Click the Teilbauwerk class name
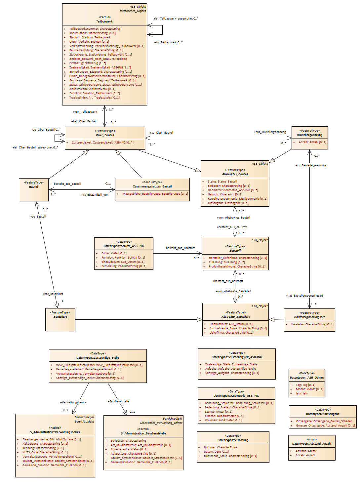(x=104, y=21)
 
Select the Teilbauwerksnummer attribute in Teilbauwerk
(x=95, y=29)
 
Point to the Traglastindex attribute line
(x=94, y=98)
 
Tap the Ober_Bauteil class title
(x=105, y=135)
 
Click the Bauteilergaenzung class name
(x=309, y=135)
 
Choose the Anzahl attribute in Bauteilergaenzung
(x=312, y=142)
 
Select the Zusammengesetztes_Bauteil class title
(x=152, y=186)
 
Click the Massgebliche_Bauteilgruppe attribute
(x=155, y=194)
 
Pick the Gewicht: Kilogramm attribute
(x=225, y=194)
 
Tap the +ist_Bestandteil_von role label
(x=95, y=195)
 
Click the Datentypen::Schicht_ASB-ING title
(x=123, y=246)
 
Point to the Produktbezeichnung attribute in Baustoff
(x=237, y=266)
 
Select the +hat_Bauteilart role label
(x=53, y=294)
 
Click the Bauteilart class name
(x=60, y=317)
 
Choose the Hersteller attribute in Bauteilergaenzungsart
(x=312, y=324)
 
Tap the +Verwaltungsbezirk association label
(x=73, y=402)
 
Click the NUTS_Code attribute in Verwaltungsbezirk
(x=45, y=452)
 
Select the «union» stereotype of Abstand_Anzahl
(x=311, y=439)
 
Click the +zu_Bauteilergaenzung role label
(x=311, y=165)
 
